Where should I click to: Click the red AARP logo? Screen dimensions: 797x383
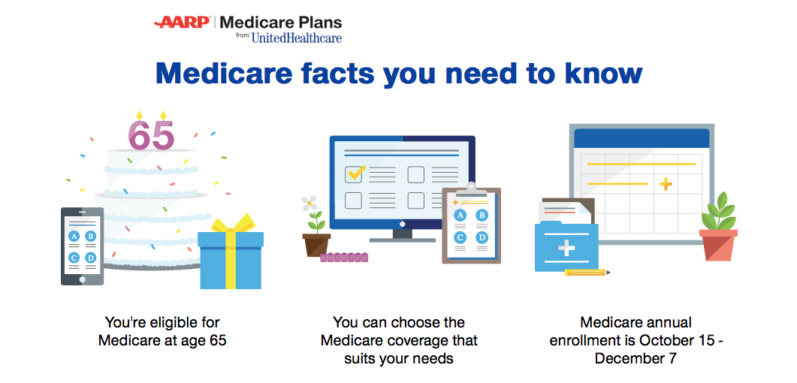click(183, 23)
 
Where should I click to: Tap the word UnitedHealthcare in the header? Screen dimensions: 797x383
click(296, 38)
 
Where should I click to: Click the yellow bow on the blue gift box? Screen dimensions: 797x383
click(232, 225)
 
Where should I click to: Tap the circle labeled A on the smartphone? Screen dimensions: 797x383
click(74, 237)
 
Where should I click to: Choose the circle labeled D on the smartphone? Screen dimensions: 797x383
click(90, 258)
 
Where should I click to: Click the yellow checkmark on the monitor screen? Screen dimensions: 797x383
click(355, 173)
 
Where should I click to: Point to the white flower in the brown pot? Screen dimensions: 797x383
click(309, 204)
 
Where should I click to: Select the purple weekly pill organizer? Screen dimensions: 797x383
click(343, 258)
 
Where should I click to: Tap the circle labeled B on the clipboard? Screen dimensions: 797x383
click(481, 216)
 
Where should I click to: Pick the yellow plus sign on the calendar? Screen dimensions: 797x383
click(666, 185)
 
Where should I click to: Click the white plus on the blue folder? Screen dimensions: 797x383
click(566, 249)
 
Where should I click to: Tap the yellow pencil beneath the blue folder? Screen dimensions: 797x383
click(587, 273)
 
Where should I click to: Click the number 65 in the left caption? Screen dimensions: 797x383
click(218, 340)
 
